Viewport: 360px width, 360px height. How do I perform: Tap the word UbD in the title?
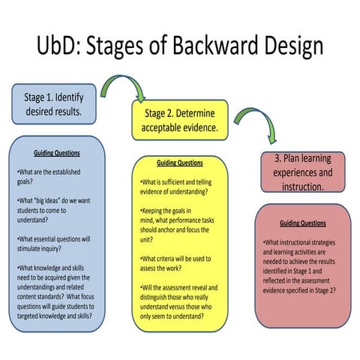(58, 46)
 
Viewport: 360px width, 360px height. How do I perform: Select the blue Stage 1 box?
(53, 103)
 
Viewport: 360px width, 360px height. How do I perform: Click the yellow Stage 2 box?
(181, 120)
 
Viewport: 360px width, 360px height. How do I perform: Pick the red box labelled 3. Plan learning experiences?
(302, 172)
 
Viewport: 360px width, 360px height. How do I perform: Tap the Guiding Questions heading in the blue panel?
(57, 153)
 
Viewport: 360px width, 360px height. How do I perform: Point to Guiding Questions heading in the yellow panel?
(179, 163)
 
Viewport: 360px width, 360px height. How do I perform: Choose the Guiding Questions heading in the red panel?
(302, 223)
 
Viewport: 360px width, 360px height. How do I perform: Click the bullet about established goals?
(48, 175)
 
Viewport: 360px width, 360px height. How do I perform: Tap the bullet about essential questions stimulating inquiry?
(53, 244)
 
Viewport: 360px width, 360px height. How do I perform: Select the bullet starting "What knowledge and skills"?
(55, 292)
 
